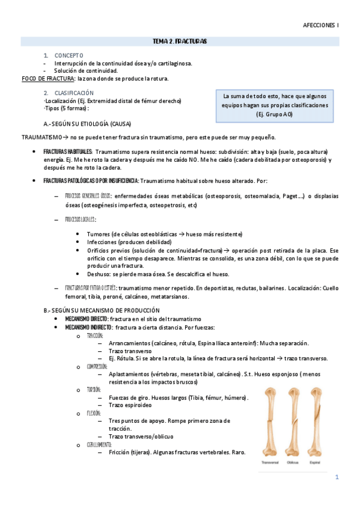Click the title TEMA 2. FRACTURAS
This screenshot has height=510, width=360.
click(180, 41)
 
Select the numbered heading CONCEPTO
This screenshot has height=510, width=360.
click(68, 55)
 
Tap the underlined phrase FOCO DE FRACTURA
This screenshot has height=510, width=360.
click(48, 78)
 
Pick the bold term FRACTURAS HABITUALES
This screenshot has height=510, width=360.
click(67, 152)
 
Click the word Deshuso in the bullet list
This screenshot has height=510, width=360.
click(99, 274)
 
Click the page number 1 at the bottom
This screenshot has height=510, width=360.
click(337, 478)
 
